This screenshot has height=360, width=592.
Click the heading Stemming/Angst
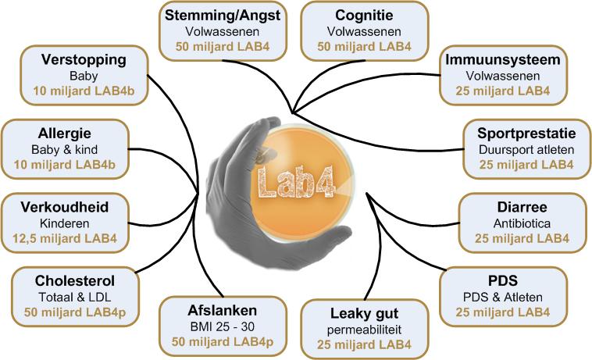220,16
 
